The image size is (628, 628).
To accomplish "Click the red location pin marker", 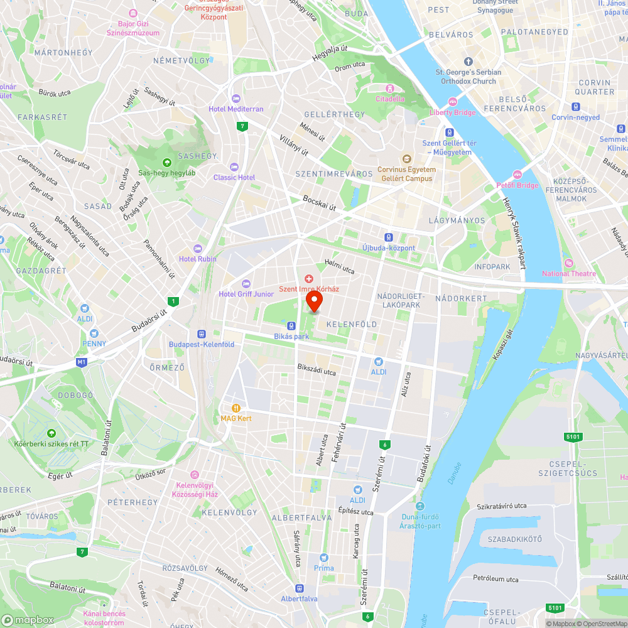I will click(313, 301).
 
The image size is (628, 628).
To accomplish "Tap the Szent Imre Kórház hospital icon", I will click(308, 278).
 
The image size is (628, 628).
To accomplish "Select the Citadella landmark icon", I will click(390, 89).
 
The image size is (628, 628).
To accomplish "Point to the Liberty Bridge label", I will click(452, 112).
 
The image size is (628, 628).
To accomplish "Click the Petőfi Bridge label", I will click(517, 185).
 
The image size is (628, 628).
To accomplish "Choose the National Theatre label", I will click(569, 273).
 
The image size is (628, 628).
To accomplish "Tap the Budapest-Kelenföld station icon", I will click(202, 334).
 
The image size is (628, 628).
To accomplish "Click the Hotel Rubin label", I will click(197, 259).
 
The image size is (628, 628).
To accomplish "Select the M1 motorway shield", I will click(81, 362).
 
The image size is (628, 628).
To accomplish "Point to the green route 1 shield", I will click(173, 301).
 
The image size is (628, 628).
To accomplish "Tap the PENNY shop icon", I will click(94, 333).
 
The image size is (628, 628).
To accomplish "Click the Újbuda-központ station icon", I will click(389, 237).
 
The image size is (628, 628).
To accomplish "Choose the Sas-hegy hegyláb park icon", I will click(166, 162).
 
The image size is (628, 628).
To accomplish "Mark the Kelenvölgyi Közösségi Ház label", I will click(194, 490).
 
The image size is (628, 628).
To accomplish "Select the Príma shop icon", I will click(324, 558).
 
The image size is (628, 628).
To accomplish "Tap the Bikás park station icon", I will click(291, 326).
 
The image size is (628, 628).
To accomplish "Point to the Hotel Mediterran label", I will click(236, 109).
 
